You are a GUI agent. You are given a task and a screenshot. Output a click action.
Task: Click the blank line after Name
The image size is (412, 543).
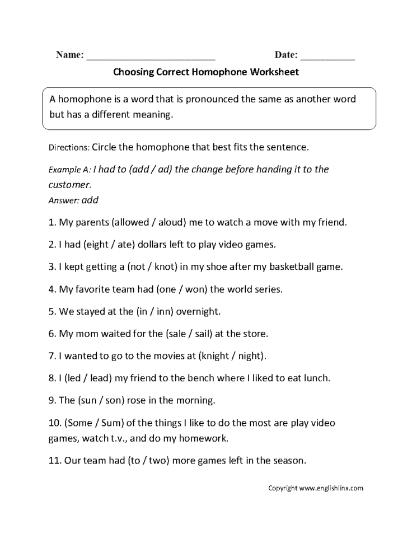(151, 57)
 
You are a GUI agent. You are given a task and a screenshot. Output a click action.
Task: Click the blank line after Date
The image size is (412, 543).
(327, 57)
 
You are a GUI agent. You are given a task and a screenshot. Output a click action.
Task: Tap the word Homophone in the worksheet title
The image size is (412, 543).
(221, 72)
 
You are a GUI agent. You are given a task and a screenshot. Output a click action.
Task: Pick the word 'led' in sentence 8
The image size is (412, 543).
(73, 378)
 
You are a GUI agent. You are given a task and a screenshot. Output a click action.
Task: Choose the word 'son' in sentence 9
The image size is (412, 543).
(106, 401)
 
